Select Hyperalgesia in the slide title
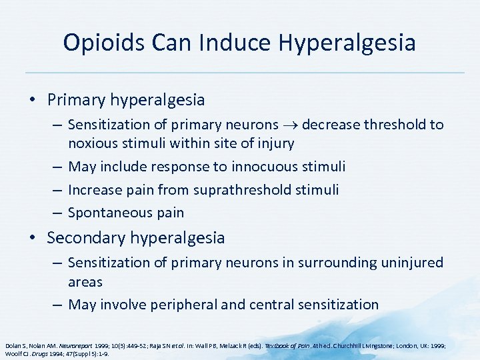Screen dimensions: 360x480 pos(347,43)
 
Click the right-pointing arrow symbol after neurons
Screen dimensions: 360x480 pos(292,125)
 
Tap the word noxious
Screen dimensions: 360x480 pos(95,143)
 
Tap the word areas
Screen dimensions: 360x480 pos(85,281)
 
